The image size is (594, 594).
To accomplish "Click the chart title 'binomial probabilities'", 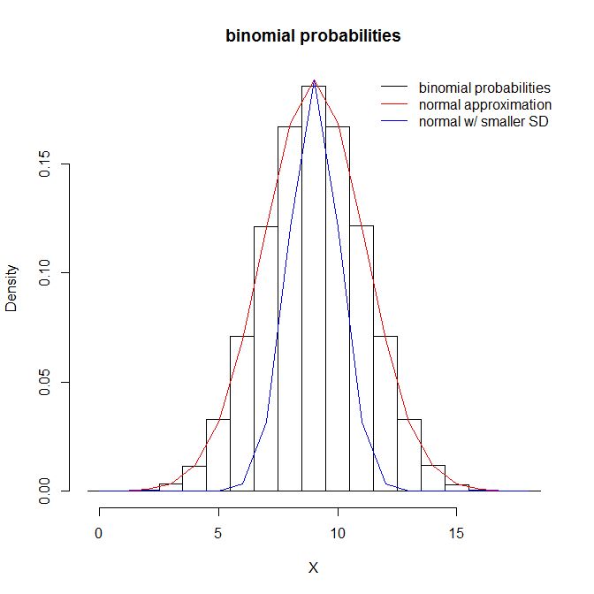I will point(313,36).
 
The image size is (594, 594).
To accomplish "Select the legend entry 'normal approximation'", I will point(484,104).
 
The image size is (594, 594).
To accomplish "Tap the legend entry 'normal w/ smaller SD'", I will point(484,121).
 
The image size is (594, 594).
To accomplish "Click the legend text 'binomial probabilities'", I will point(484,88).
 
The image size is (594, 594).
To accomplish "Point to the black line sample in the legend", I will point(395,88).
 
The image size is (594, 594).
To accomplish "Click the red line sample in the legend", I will point(395,104).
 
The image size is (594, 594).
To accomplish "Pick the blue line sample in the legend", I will point(395,121).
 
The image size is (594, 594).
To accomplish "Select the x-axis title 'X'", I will point(313,568).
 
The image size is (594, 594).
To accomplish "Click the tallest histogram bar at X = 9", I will point(314,292).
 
